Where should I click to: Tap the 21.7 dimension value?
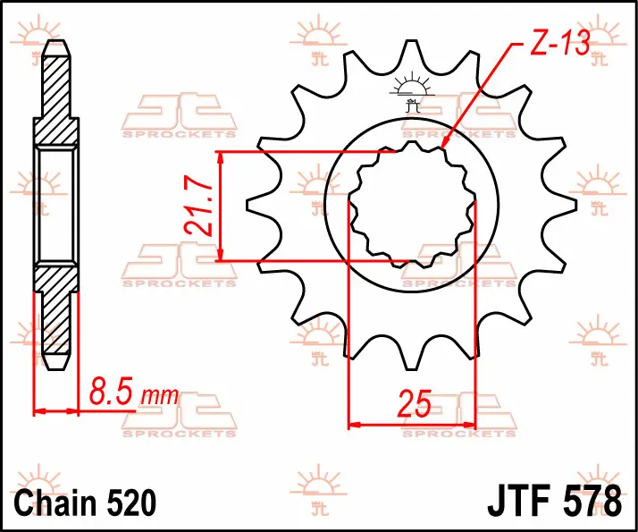[198, 206]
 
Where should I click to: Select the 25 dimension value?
[415, 404]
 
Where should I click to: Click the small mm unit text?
[159, 395]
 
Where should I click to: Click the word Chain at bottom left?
[53, 502]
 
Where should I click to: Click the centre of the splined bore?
[412, 205]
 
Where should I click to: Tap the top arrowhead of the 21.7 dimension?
[220, 157]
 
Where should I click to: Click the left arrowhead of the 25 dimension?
[355, 426]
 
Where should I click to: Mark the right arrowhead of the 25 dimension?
[469, 426]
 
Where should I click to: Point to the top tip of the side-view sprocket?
[56, 41]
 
